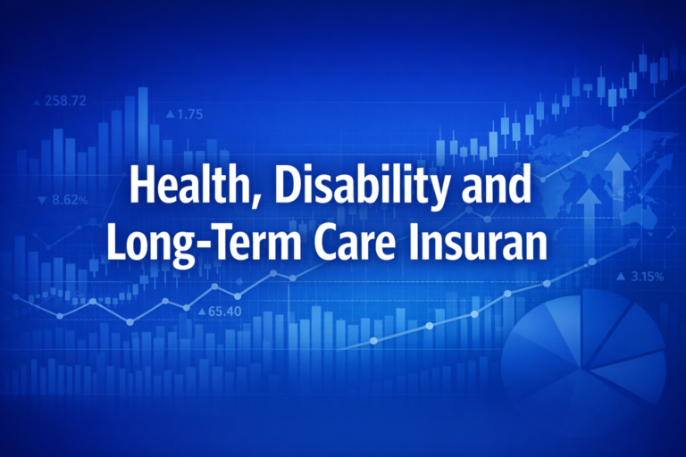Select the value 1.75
pos(190,114)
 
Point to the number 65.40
pos(224,312)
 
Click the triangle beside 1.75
pos(171,114)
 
